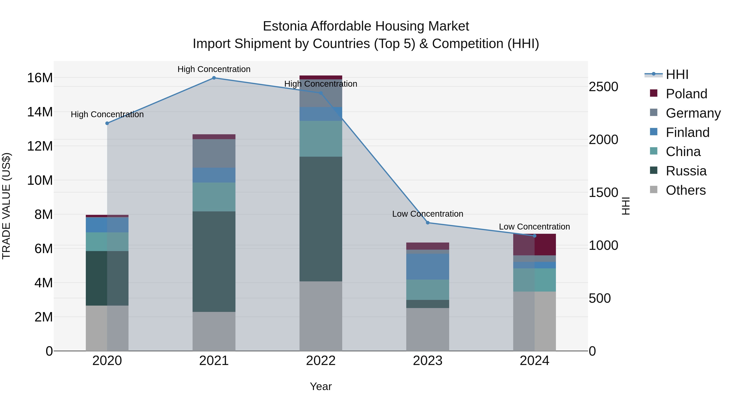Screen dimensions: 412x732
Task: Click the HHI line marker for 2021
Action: [x=214, y=78]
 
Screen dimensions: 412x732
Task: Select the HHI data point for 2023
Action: [x=428, y=223]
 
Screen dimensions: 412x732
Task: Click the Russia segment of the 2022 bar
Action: [x=321, y=219]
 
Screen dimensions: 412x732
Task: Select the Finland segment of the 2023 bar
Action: [x=428, y=266]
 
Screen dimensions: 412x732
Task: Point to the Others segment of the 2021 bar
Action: [x=214, y=331]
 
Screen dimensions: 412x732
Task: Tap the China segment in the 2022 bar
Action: [x=321, y=139]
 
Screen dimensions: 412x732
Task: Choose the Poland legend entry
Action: [x=686, y=94]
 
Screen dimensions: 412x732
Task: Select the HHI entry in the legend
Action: [x=677, y=74]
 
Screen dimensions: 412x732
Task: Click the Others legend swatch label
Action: [x=685, y=190]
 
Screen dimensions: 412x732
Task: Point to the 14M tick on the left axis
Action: [x=40, y=112]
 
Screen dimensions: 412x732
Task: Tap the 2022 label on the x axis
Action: [x=321, y=361]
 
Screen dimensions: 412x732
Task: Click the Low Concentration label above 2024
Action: [x=534, y=227]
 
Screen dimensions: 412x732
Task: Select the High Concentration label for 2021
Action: [x=214, y=69]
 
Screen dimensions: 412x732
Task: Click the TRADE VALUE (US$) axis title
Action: [x=6, y=206]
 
